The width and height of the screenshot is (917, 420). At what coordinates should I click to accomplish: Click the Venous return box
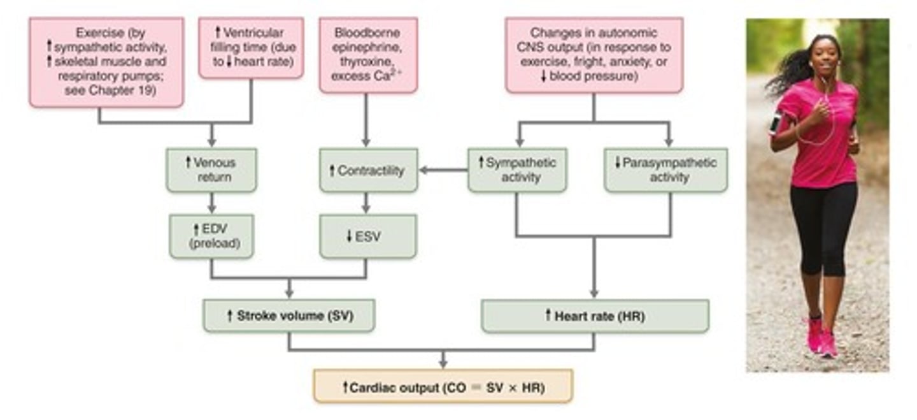click(x=211, y=170)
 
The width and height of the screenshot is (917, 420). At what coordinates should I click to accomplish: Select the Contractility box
click(x=369, y=170)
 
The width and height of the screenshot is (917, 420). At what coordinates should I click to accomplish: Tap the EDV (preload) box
click(x=211, y=236)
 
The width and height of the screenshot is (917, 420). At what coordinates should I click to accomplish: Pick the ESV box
click(x=368, y=236)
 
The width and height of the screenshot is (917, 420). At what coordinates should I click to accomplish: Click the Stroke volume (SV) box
click(x=289, y=315)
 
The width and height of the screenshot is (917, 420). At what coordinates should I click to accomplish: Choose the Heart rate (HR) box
click(x=595, y=316)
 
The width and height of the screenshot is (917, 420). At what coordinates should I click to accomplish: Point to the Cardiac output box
click(x=443, y=386)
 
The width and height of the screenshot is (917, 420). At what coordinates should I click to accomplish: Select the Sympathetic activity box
click(x=518, y=170)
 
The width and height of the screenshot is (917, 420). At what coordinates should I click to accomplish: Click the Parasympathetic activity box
click(x=666, y=170)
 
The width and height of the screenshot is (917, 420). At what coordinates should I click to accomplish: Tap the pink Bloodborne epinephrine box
click(x=369, y=55)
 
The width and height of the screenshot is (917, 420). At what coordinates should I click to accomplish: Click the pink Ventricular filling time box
click(x=252, y=48)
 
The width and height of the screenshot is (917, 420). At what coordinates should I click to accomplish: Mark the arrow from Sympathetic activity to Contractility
click(x=443, y=170)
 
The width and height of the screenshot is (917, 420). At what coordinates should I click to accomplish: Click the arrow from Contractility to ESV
click(x=366, y=203)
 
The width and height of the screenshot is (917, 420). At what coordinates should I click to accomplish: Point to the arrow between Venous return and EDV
click(x=211, y=203)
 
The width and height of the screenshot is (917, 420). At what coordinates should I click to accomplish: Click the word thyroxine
click(x=367, y=62)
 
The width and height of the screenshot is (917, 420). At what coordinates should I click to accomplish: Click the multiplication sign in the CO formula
click(x=513, y=387)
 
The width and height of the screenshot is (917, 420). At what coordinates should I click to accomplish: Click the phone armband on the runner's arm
click(x=774, y=124)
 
